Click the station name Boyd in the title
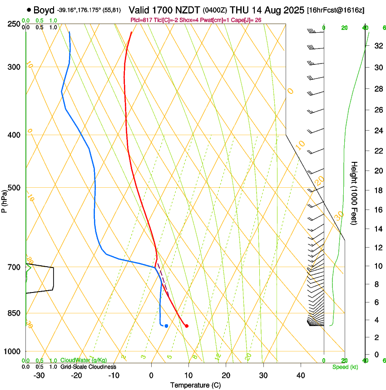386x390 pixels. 44,10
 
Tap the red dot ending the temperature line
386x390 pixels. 187,326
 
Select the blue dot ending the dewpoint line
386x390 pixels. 167,326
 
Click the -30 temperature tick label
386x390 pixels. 39,375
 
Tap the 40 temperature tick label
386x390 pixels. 300,375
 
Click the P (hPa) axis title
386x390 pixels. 5,200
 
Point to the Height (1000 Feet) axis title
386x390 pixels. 354,193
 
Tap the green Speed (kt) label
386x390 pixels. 345,367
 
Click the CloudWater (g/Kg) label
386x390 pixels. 81,361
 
